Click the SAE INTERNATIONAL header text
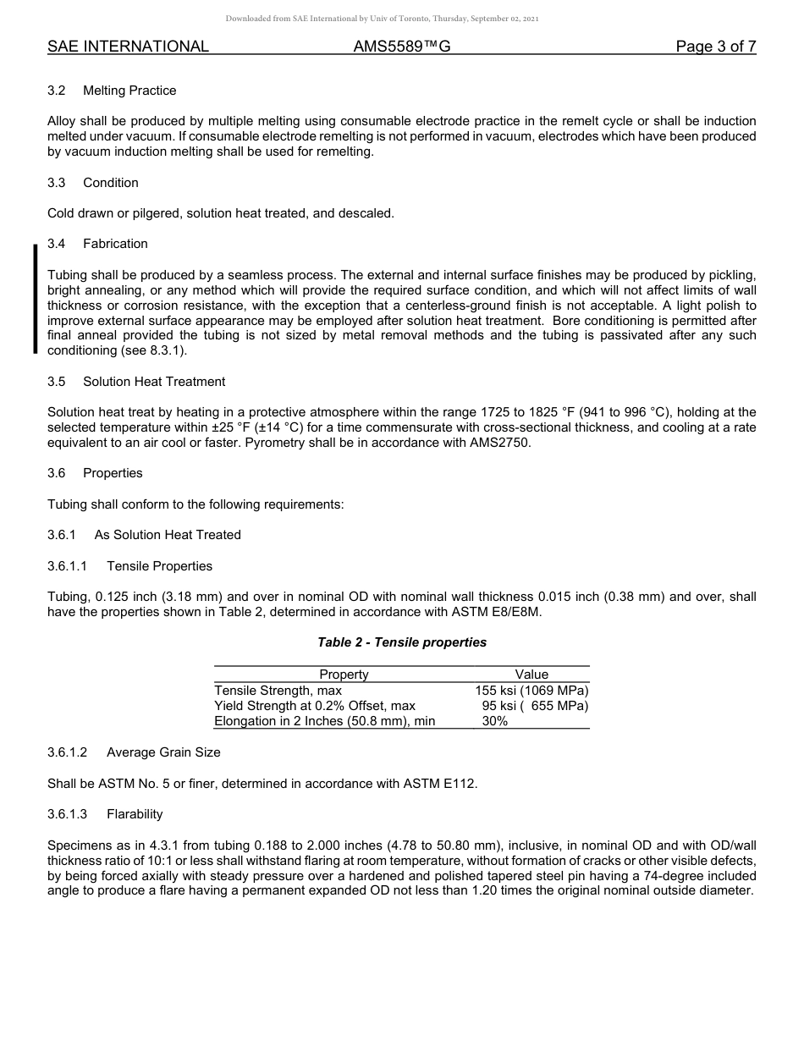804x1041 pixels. click(128, 47)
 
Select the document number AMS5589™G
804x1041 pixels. click(401, 47)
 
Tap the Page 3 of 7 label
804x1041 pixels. click(715, 47)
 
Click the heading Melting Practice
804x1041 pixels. click(129, 91)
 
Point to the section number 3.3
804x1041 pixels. click(57, 183)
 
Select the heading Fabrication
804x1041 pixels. click(115, 244)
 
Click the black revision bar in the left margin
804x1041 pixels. click(35, 298)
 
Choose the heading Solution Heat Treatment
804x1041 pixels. click(154, 382)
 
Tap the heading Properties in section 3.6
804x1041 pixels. click(113, 473)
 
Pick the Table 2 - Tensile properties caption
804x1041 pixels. click(402, 642)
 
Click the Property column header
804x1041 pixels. click(344, 675)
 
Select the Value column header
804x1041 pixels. click(531, 675)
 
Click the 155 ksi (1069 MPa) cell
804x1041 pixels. click(531, 691)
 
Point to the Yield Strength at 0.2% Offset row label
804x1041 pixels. click(315, 706)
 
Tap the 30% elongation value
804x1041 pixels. click(495, 721)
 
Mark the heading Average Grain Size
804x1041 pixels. click(163, 752)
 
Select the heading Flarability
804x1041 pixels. click(135, 814)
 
